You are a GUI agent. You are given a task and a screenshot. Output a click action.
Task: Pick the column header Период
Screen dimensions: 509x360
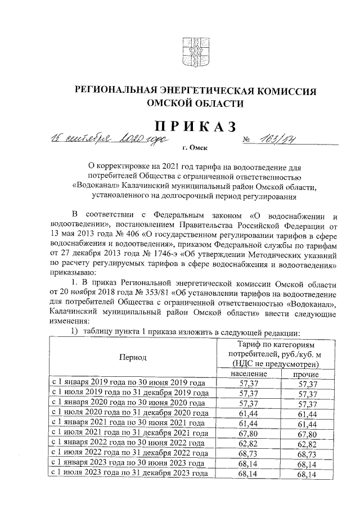point(133,357)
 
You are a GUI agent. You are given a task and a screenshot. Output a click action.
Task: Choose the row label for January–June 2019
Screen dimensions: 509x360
point(129,383)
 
